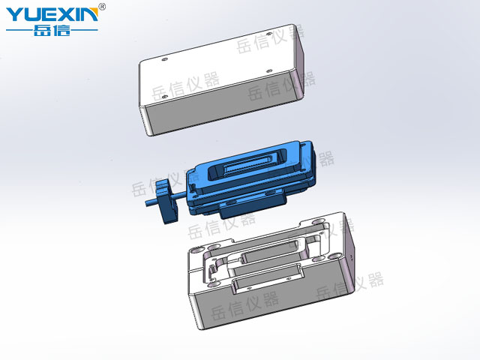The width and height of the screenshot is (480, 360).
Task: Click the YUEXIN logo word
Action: (52, 14)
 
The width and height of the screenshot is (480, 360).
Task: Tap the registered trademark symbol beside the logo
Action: (103, 7)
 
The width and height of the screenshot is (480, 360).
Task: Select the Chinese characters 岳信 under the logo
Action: (52, 30)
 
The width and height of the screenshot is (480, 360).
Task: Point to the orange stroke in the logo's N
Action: (93, 13)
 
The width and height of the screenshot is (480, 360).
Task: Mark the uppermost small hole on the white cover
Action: (268, 34)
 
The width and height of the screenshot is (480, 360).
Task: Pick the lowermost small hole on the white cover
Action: (164, 97)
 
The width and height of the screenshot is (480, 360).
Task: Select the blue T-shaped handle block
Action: (166, 200)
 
